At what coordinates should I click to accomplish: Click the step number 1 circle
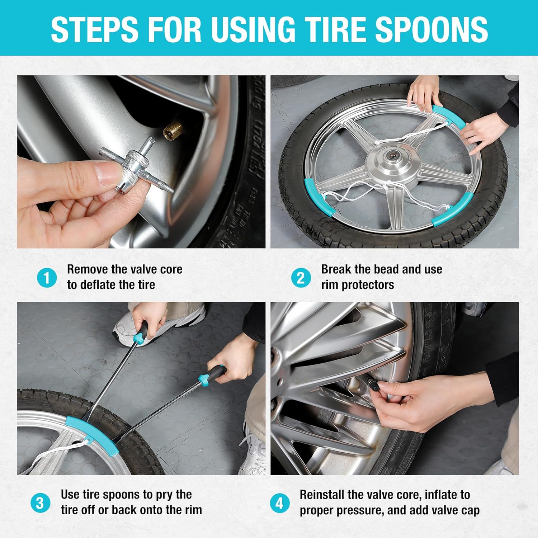[47, 278]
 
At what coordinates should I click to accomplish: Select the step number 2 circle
[301, 278]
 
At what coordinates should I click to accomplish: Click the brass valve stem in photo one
[172, 131]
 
